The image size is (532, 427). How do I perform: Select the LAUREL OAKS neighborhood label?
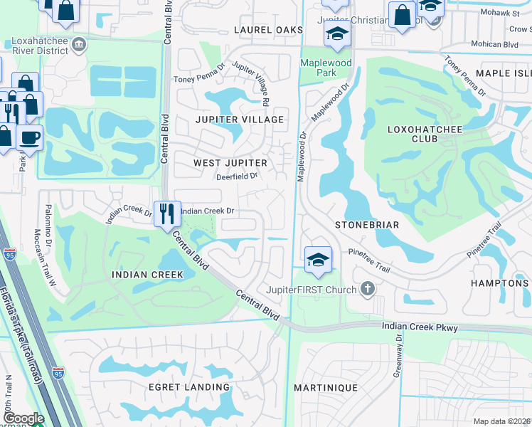click(269, 30)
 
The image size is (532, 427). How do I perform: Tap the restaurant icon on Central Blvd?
click(167, 212)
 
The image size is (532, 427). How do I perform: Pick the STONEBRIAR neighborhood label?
click(366, 225)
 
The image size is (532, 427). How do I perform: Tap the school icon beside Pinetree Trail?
click(317, 259)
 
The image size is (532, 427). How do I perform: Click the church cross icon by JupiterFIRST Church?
click(367, 289)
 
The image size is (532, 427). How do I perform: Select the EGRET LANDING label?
click(169, 387)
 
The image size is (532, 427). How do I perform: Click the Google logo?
click(23, 418)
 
